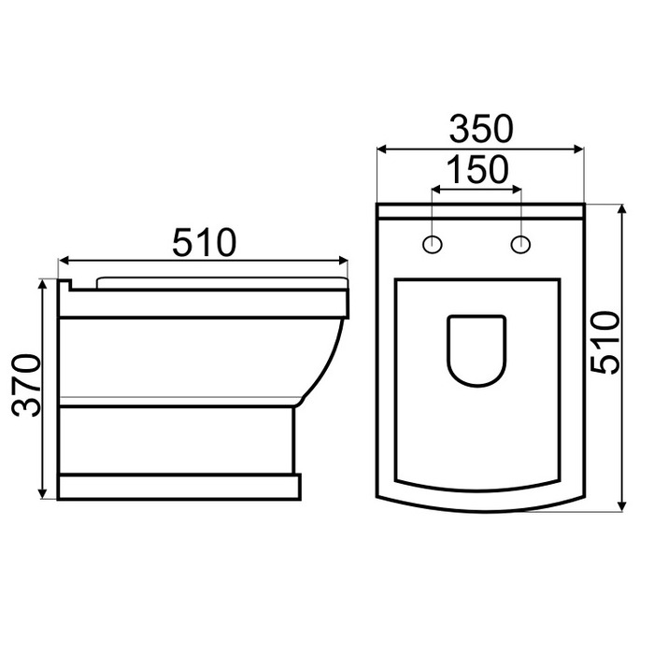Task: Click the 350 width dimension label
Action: coord(481,129)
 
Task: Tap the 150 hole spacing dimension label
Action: coord(477,170)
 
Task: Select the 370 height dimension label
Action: coord(26,385)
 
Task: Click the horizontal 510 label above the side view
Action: coord(204,242)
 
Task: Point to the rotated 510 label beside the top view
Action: coord(605,343)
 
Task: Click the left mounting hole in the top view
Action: coord(432,244)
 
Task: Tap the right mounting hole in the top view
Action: coord(520,244)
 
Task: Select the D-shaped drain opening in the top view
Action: coord(476,350)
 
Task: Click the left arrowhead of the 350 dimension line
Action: coord(381,149)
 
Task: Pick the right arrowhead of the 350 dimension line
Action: coord(579,149)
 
